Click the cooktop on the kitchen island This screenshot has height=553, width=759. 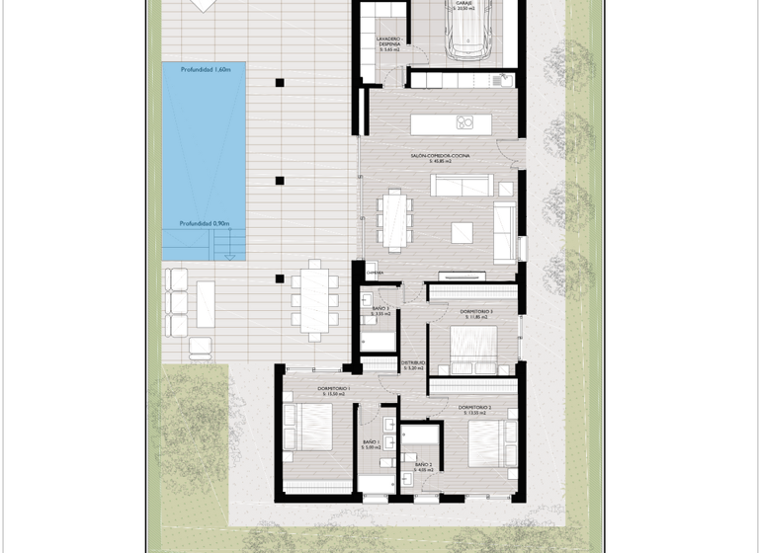pos(465,122)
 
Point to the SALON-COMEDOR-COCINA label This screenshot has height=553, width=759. pos(441,156)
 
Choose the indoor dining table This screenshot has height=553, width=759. pos(395,218)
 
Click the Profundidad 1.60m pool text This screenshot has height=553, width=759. pos(206,70)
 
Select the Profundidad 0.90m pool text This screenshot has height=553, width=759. pos(204,224)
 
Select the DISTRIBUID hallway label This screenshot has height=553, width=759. pos(413,363)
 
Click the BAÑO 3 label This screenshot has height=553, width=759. pos(380,310)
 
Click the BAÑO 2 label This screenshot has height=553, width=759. pos(423,464)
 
